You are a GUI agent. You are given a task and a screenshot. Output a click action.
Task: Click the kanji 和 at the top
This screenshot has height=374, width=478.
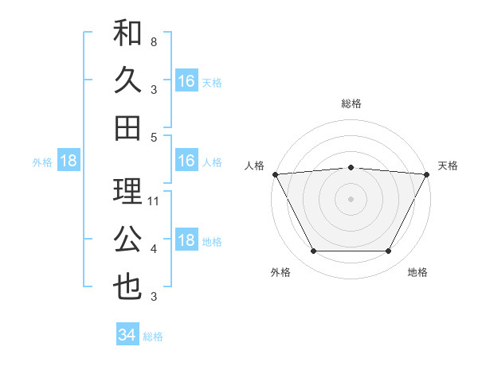click(x=127, y=35)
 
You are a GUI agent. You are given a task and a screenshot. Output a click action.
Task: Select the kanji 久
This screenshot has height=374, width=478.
click(x=127, y=81)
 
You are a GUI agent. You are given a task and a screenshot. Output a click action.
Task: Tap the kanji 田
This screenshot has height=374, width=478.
click(x=127, y=127)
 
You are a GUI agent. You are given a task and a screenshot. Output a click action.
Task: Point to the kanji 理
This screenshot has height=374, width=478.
click(x=127, y=192)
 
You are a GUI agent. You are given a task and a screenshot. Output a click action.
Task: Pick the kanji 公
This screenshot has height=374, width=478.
click(x=127, y=239)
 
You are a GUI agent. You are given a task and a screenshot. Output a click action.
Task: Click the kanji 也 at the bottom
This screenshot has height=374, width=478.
click(x=127, y=286)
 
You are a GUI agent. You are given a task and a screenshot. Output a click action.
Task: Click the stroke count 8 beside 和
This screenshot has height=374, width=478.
click(x=154, y=41)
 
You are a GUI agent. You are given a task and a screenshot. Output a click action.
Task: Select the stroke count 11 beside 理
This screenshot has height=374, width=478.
click(x=155, y=201)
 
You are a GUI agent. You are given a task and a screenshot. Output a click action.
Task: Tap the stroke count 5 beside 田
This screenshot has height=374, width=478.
click(x=154, y=137)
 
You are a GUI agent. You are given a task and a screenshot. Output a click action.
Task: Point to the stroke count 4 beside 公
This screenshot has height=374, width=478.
click(x=154, y=249)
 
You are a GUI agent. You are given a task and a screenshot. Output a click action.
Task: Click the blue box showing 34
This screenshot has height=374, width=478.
click(x=127, y=335)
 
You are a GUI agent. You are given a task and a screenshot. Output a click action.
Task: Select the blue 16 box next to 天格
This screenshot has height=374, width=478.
click(x=186, y=81)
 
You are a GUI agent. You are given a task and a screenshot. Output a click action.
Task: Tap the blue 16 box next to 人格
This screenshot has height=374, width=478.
click(x=186, y=161)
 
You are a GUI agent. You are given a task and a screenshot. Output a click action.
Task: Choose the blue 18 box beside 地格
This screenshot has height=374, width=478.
click(x=186, y=241)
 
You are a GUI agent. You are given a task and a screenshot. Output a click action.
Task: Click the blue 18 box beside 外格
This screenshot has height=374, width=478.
click(x=68, y=161)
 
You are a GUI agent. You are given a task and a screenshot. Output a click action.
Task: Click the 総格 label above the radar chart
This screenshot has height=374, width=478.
click(x=351, y=103)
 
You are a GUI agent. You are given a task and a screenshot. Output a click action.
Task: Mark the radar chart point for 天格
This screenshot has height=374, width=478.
click(x=427, y=173)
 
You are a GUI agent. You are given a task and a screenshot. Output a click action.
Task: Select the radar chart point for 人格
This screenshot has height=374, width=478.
click(x=275, y=173)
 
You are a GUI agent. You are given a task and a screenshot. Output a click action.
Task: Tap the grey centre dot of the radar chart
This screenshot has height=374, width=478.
click(x=351, y=199)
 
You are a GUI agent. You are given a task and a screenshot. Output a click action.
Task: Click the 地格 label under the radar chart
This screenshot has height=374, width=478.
click(x=417, y=272)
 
